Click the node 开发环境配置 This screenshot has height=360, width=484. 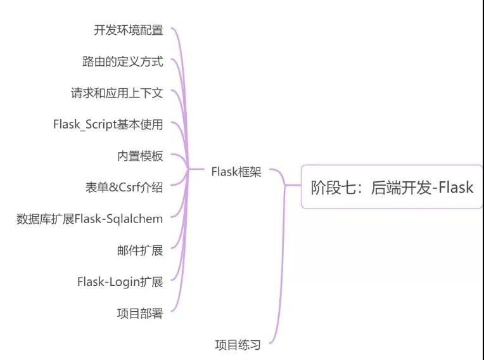point(128,30)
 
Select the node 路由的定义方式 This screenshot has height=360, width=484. point(122,61)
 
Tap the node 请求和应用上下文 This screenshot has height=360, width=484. point(117,93)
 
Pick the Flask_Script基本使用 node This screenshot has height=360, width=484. point(108,124)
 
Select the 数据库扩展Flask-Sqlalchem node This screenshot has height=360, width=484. point(89,219)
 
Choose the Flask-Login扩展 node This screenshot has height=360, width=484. point(120,281)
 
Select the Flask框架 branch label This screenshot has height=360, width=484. point(236,172)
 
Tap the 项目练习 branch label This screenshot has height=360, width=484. point(238,345)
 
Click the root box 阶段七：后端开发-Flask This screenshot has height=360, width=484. point(392,187)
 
